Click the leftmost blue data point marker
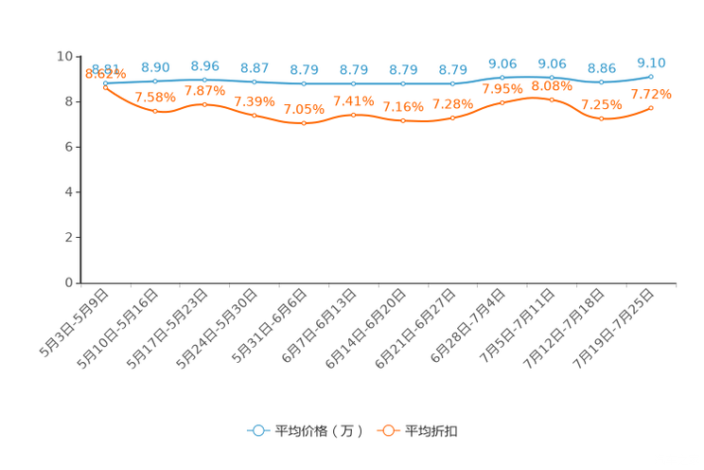[105, 83]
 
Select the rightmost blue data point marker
[651, 76]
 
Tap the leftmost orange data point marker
[105, 87]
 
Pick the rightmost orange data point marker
[651, 108]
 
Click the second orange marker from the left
[155, 111]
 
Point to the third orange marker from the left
[204, 103]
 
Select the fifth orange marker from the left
[304, 124]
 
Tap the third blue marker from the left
[204, 80]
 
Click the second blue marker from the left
[155, 81]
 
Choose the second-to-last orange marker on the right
[602, 118]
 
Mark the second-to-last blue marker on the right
[602, 82]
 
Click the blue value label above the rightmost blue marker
[651, 63]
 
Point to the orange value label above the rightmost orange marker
[651, 94]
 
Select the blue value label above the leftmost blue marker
[105, 67]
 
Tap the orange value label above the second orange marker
[155, 97]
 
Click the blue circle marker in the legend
[258, 430]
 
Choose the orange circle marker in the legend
[387, 430]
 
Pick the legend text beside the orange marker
[432, 431]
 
